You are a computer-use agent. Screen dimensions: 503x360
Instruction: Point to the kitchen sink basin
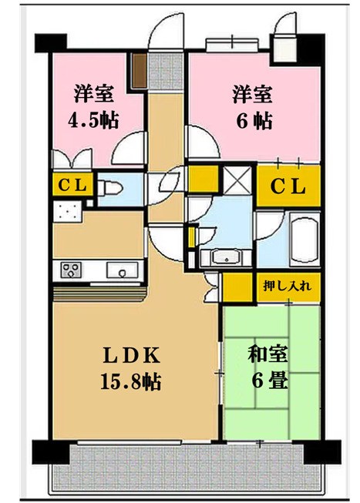(122, 270)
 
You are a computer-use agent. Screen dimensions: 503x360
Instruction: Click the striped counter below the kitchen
(98, 293)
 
